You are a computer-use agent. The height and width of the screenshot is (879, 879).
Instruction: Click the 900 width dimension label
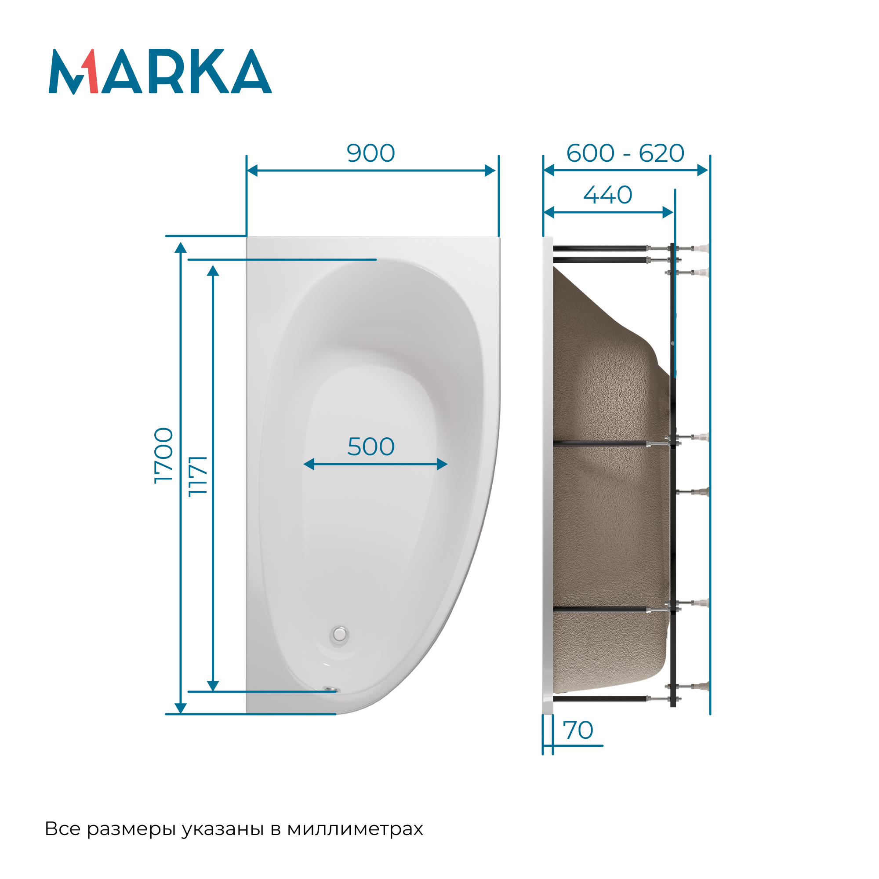(x=371, y=153)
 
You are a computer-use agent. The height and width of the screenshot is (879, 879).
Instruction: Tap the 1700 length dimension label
(x=164, y=455)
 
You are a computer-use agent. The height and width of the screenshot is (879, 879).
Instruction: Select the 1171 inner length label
(x=197, y=476)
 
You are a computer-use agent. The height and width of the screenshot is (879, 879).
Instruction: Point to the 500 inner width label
(x=371, y=447)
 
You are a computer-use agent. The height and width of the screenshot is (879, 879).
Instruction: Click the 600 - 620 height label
(x=625, y=153)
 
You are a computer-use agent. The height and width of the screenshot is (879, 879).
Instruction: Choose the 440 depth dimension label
(x=608, y=195)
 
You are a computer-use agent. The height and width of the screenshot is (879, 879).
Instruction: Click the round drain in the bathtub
(x=339, y=634)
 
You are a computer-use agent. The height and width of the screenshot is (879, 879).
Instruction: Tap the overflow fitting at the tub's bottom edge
(x=331, y=690)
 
